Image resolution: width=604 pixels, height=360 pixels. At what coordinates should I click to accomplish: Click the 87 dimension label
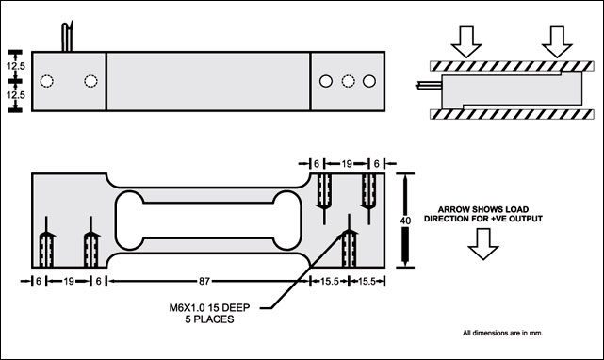(204, 282)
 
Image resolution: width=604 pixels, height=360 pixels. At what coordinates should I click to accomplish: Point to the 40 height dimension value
(405, 221)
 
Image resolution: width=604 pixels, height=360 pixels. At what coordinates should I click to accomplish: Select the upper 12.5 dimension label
(15, 66)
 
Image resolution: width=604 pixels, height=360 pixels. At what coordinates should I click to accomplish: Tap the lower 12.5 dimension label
(15, 94)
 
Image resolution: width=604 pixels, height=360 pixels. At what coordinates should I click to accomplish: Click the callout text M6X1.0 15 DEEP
(209, 307)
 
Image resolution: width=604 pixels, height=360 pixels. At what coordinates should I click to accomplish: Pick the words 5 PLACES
(209, 319)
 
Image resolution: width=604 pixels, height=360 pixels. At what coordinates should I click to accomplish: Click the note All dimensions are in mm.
(502, 333)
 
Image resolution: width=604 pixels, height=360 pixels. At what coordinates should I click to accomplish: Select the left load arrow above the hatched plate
(466, 41)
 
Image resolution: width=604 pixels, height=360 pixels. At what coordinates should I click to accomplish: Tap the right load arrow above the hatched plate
(557, 41)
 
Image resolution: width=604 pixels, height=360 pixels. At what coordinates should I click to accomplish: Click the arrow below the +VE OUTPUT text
(483, 244)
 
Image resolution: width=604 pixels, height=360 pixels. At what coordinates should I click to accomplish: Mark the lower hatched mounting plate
(512, 114)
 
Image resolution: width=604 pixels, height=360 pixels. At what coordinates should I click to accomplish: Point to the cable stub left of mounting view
(429, 84)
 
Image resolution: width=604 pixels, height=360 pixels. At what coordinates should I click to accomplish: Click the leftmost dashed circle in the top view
(46, 81)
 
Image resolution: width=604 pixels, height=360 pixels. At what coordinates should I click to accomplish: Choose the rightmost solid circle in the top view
(369, 81)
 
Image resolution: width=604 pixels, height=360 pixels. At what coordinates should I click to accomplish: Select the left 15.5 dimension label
(330, 282)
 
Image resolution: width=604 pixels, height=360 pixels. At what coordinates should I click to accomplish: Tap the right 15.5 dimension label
(367, 282)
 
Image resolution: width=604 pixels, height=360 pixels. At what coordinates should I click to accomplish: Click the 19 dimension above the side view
(347, 164)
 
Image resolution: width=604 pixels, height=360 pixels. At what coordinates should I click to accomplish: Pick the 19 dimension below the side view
(69, 282)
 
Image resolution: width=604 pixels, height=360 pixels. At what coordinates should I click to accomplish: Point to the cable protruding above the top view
(67, 37)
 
